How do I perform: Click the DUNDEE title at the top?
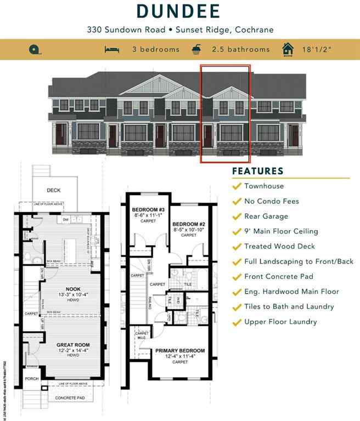tap(179, 12)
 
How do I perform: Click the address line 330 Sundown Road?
tap(179, 30)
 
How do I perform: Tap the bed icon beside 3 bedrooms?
tap(111, 49)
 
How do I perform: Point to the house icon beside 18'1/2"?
tap(287, 49)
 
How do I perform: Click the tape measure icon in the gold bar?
tap(34, 49)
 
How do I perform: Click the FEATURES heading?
tap(257, 170)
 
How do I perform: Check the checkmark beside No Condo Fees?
tap(237, 201)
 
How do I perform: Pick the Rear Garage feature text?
tap(266, 216)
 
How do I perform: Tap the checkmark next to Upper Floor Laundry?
tap(237, 322)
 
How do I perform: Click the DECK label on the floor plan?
tap(53, 190)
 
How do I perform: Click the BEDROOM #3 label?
tap(149, 210)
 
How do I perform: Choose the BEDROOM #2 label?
tap(189, 224)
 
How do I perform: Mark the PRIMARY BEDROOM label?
tap(180, 350)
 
